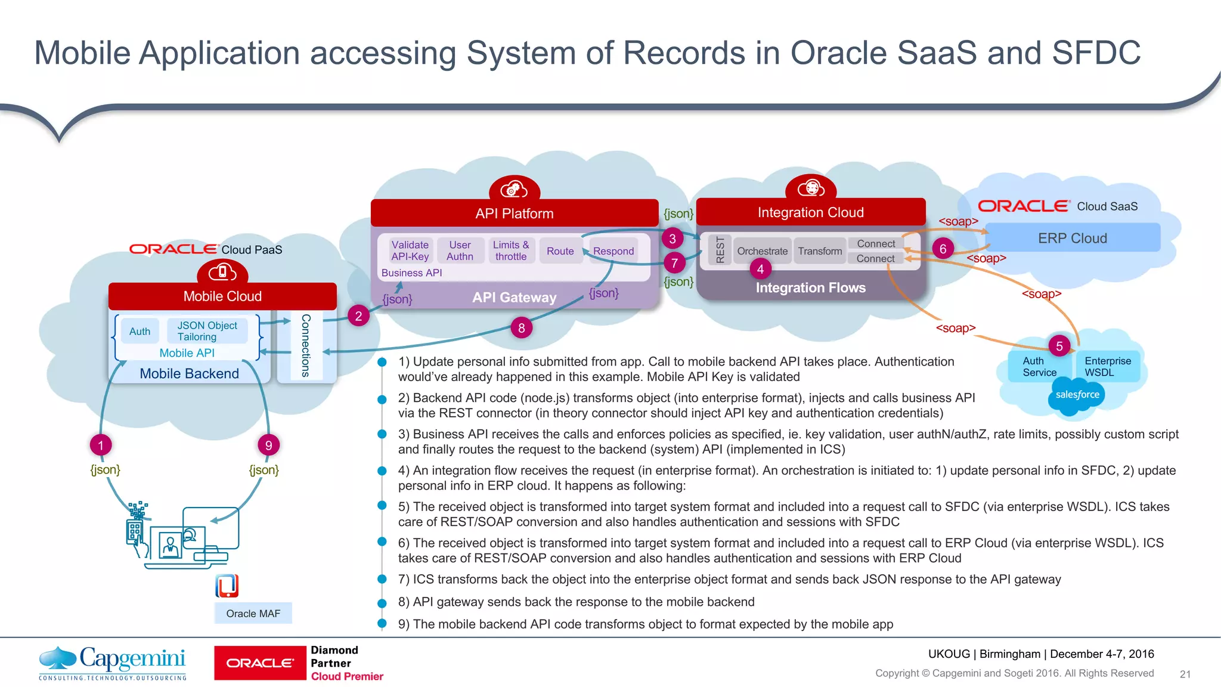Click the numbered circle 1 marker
click(101, 445)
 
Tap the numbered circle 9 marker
click(269, 445)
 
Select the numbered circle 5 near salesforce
click(1059, 346)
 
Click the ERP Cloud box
click(1072, 238)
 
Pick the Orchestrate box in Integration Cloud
click(762, 251)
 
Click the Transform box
click(820, 251)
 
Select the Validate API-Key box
click(410, 250)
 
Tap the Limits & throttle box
click(511, 250)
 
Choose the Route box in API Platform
click(560, 251)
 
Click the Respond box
click(613, 251)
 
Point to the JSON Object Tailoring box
click(207, 331)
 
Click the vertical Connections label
click(306, 345)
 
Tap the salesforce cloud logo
click(1077, 395)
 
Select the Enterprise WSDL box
click(1107, 366)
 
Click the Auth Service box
click(1039, 366)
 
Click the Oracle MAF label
click(253, 613)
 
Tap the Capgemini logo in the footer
click(113, 662)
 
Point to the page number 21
click(1185, 674)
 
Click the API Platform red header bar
click(515, 213)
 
